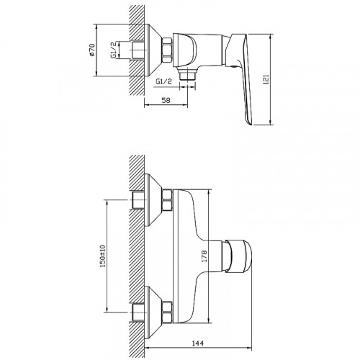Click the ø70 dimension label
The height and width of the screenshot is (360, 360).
click(x=92, y=50)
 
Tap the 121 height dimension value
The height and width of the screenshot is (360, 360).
click(x=266, y=79)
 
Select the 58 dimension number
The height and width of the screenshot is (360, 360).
click(x=166, y=100)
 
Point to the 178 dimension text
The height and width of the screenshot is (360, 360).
click(x=204, y=256)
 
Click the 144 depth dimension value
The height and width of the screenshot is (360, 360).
click(x=198, y=343)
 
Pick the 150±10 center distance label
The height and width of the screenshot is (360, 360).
click(x=103, y=256)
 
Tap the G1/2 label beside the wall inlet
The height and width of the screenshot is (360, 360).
click(x=114, y=50)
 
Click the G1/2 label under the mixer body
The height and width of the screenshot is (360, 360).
click(x=164, y=81)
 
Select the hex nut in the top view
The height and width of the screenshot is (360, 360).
click(x=167, y=50)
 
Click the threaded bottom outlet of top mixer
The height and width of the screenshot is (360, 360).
click(x=187, y=73)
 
